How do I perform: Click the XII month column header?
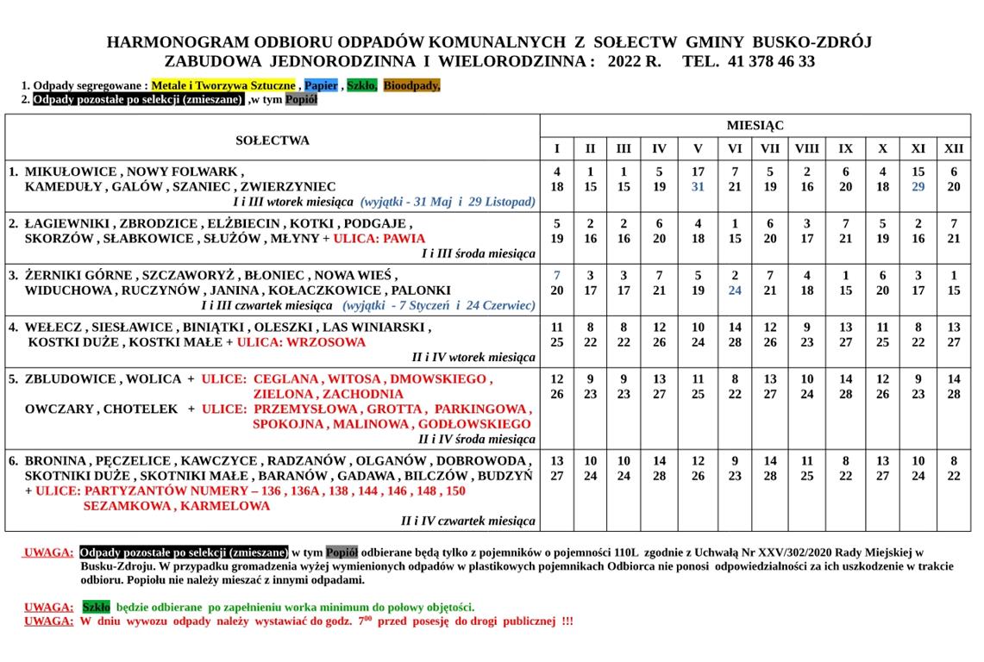point(954,148)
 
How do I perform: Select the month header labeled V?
point(698,148)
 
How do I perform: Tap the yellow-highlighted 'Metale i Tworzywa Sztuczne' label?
point(224,85)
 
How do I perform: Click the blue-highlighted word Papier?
point(321,85)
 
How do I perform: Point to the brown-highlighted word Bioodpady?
point(411,85)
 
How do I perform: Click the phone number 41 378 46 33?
point(759,61)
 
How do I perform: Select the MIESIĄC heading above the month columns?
point(755,125)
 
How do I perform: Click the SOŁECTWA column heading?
point(273,141)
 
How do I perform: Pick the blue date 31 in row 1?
point(698,186)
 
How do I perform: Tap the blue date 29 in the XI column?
point(918,186)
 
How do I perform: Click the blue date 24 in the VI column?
point(735,290)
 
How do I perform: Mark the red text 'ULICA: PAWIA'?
point(379,238)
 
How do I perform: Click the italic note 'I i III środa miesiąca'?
point(478,253)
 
